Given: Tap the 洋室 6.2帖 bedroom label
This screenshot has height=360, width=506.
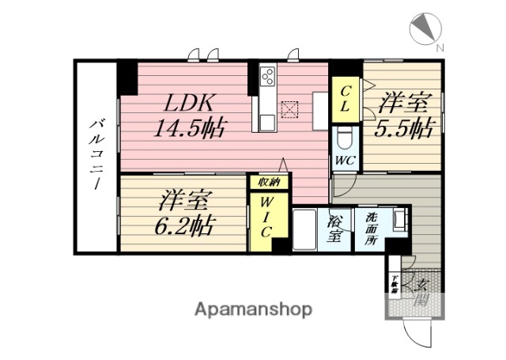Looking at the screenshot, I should point(183,211).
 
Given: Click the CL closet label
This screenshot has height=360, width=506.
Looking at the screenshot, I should point(346,99).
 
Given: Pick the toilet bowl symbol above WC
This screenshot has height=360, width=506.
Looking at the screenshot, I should point(345,138).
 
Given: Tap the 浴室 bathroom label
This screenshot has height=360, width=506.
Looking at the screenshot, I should point(334,230).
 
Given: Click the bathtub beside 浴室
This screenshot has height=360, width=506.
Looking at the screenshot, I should point(304,229).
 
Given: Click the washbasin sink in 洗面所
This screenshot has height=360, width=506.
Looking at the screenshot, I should point(399,218).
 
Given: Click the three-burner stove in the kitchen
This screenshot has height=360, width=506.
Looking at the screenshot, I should point(266,78).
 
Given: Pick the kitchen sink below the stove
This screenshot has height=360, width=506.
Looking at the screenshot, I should point(266,122).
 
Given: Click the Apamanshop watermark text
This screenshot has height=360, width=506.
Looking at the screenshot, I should point(254,309).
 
